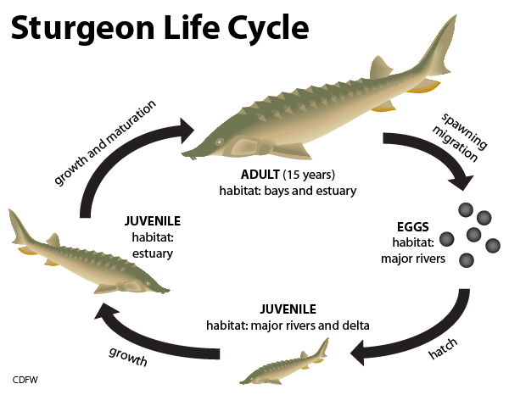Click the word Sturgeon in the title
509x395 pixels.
pos(82,29)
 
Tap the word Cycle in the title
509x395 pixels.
pos(268,29)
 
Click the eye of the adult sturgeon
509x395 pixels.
pos(220,142)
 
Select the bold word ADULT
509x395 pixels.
pos(260,175)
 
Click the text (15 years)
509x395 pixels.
pos(309,175)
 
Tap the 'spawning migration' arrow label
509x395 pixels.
pos(460,138)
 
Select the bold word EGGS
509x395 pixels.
pos(413,227)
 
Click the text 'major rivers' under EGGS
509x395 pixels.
pos(413,259)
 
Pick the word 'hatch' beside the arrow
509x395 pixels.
pos(443,349)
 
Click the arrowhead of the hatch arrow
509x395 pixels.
pos(360,353)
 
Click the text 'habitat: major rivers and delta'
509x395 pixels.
pos(288,325)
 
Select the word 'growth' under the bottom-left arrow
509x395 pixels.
pos(128,356)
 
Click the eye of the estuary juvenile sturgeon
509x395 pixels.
pos(148,283)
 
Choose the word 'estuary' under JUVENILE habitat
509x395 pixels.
pos(153,253)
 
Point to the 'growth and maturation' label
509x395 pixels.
pos(104,142)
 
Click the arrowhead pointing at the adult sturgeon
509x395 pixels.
pos(187,131)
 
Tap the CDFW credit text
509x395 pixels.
pos(25,380)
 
